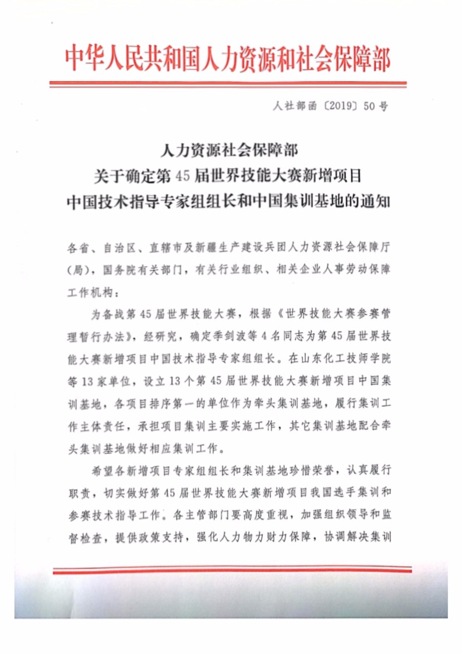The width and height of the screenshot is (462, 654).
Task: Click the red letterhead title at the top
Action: pos(227,58)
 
